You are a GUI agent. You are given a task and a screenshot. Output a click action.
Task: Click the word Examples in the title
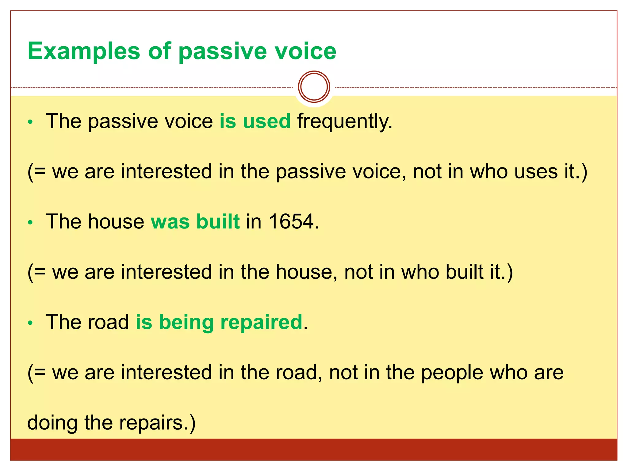click(84, 51)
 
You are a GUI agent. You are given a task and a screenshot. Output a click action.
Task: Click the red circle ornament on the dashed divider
click(314, 87)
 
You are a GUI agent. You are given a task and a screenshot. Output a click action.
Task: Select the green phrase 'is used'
click(255, 121)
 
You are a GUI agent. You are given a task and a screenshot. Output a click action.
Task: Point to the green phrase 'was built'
click(195, 221)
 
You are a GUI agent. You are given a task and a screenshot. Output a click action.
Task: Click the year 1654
click(292, 221)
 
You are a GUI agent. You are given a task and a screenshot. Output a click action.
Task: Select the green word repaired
click(261, 323)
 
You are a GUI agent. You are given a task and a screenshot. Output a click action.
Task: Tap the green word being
click(186, 323)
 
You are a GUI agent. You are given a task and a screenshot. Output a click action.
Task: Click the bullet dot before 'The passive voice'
click(30, 122)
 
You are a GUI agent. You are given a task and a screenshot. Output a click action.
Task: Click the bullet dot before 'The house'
click(30, 223)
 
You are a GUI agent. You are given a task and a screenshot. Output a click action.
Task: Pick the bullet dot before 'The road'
click(30, 323)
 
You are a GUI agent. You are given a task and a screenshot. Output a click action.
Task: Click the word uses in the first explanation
click(536, 172)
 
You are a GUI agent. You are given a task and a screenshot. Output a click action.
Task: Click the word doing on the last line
click(52, 423)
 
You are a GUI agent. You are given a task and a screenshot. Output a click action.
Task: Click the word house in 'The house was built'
click(116, 221)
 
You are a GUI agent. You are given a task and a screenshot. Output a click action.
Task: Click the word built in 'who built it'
click(464, 272)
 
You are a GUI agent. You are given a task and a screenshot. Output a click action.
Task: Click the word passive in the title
click(223, 51)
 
